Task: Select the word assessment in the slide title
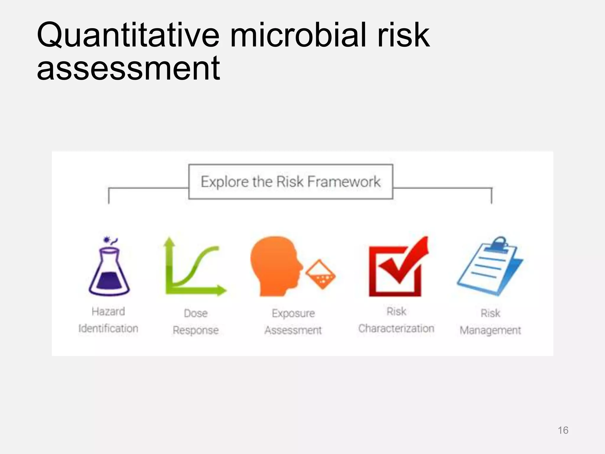coord(128,69)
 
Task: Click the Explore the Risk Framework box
coord(291,181)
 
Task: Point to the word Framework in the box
coord(344,181)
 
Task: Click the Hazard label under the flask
coord(108,312)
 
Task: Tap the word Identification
coord(108,328)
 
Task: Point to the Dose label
coord(196,313)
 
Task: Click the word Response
coord(196,330)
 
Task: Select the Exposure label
coord(293,313)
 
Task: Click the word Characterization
coord(396,328)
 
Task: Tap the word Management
coord(490,330)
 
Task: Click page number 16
coord(563,430)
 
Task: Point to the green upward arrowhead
coord(169,242)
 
